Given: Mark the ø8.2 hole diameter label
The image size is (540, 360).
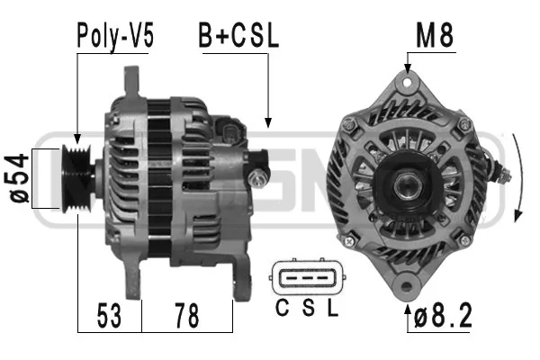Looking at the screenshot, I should pyautogui.click(x=442, y=317).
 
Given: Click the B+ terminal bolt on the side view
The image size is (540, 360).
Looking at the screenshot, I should pyautogui.click(x=262, y=175).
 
